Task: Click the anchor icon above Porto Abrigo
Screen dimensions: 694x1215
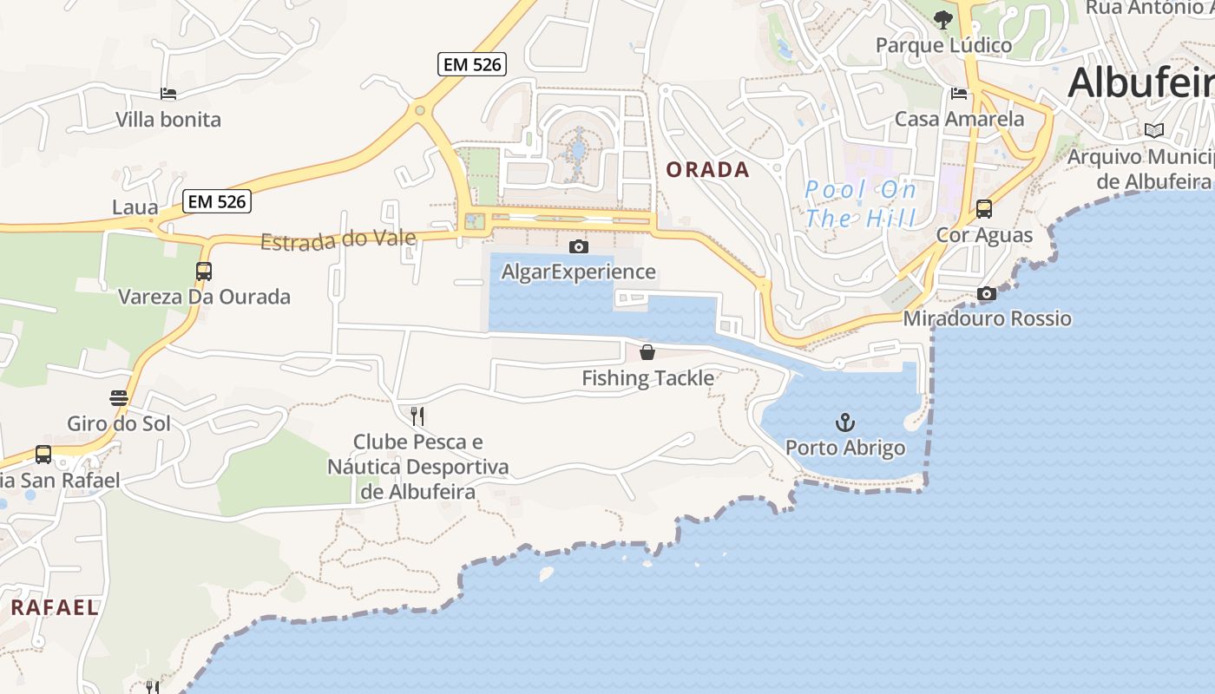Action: (844, 422)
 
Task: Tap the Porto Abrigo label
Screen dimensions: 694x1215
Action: (845, 448)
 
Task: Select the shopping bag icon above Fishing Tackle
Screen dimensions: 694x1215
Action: (647, 352)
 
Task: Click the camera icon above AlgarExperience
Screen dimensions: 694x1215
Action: (578, 247)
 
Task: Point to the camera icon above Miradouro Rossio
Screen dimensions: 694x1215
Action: (986, 294)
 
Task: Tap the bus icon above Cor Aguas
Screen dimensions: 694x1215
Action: (983, 209)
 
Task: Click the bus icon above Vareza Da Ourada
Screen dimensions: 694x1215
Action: (204, 272)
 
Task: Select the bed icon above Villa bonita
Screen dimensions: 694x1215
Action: (168, 94)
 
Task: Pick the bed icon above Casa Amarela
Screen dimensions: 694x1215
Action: (959, 94)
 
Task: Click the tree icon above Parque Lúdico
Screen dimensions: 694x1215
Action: (943, 20)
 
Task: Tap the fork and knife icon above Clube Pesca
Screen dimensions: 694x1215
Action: (417, 416)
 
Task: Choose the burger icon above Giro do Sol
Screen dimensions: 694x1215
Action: (119, 398)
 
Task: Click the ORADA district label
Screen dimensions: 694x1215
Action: (707, 170)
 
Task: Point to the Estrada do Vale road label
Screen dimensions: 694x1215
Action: (338, 239)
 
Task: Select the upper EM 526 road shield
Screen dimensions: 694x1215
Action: (472, 64)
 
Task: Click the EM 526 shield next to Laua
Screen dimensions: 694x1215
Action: (218, 202)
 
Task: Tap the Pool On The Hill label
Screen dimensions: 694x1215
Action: (860, 204)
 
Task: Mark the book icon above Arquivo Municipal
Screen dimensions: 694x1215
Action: (1153, 131)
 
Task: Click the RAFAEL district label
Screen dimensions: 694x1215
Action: (54, 607)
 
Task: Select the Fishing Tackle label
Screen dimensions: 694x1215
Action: (647, 378)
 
